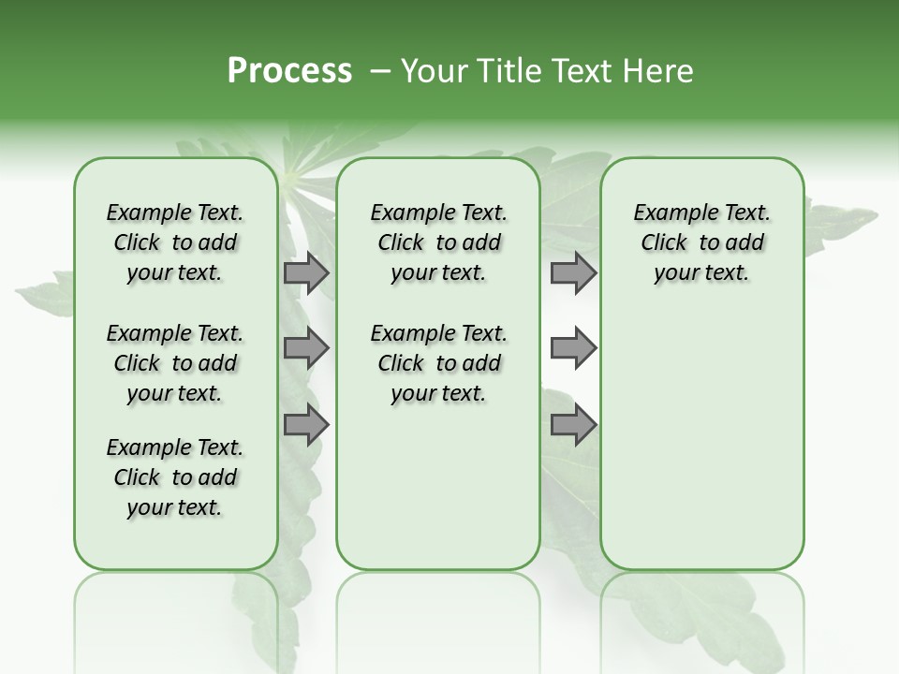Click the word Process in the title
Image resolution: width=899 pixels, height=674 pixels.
[x=289, y=71]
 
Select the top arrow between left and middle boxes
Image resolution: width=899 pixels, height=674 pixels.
[x=306, y=272]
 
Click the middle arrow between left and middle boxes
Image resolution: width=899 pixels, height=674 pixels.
[x=306, y=348]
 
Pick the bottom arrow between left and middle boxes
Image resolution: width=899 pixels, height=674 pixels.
[x=306, y=425]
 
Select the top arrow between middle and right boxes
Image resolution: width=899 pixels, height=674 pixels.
[x=573, y=272]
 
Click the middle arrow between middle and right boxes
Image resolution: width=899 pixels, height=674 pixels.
[x=573, y=348]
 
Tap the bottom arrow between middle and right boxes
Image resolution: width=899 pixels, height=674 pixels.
[x=573, y=425]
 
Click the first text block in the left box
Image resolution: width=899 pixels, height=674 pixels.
[x=175, y=242]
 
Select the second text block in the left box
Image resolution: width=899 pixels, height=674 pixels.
[x=175, y=363]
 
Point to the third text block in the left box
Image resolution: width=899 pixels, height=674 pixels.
[x=175, y=477]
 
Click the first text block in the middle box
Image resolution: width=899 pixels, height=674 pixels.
[x=438, y=242]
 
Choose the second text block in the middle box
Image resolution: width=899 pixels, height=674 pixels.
[x=438, y=363]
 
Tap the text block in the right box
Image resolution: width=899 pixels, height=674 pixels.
[x=701, y=242]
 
